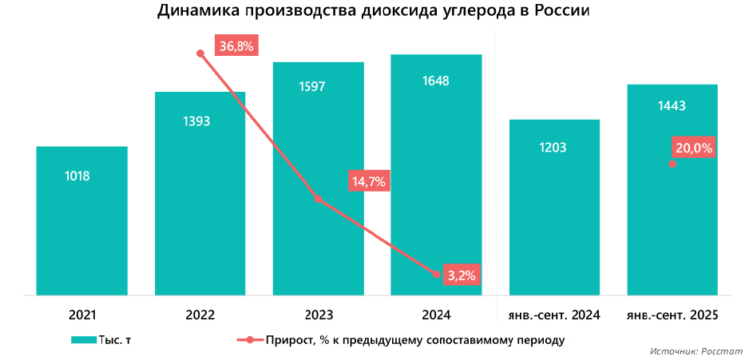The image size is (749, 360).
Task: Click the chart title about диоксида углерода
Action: pyautogui.click(x=374, y=11)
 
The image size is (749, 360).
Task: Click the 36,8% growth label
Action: pyautogui.click(x=236, y=46)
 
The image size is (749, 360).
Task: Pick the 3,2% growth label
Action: pyautogui.click(x=462, y=275)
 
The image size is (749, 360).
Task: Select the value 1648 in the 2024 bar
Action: pyautogui.click(x=435, y=81)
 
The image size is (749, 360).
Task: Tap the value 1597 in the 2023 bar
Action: pyautogui.click(x=318, y=87)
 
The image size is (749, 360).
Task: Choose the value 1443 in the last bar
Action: pyautogui.click(x=672, y=105)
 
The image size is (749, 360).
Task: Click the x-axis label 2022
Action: pyautogui.click(x=200, y=315)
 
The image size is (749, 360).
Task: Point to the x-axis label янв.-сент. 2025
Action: pyautogui.click(x=672, y=315)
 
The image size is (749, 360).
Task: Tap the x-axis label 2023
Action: pyautogui.click(x=318, y=315)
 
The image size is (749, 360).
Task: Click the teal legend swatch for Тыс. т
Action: pyautogui.click(x=83, y=340)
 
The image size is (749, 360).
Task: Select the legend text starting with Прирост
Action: pyautogui.click(x=414, y=340)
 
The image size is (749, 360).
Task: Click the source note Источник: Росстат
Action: pyautogui.click(x=695, y=351)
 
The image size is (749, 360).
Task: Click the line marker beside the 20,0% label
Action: pyautogui.click(x=672, y=164)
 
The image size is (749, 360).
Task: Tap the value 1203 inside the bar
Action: pyautogui.click(x=553, y=148)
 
